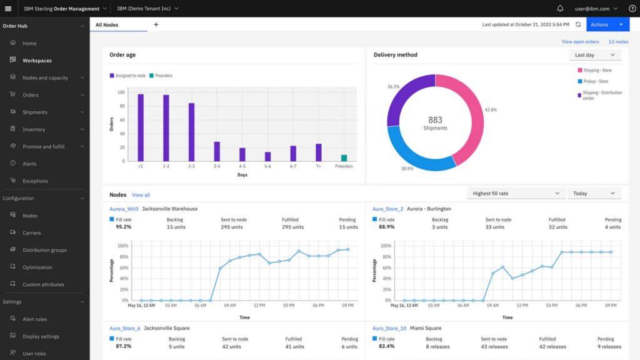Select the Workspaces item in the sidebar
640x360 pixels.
37,61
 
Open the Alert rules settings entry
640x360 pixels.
34,319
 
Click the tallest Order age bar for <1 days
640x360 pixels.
141,127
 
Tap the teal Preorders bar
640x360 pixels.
344,158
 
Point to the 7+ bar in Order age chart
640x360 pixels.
318,152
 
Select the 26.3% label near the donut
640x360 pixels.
393,87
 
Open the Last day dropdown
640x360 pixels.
595,55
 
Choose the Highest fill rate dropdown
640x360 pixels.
516,194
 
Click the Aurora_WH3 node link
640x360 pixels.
124,209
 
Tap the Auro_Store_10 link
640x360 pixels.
389,328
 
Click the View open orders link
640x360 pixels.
580,42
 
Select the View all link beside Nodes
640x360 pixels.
141,195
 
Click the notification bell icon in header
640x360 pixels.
560,9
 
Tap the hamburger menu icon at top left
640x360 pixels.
8,9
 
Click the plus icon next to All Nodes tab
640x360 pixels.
156,24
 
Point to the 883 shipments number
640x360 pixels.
435,119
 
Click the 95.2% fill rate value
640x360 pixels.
124,227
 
